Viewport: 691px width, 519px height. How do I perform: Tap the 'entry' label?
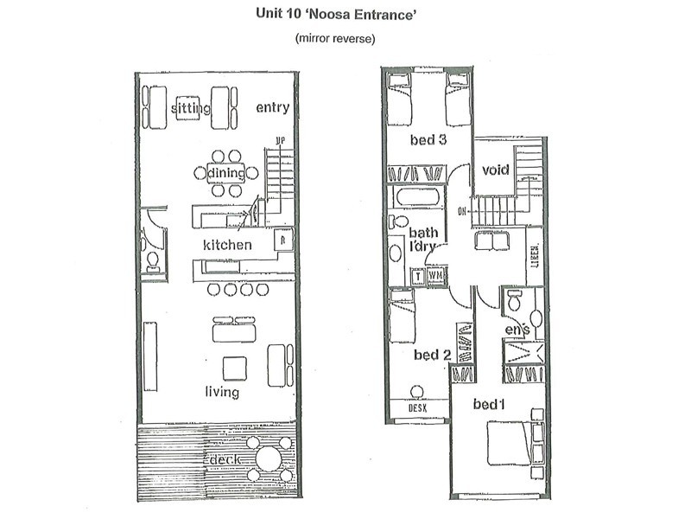coord(272,108)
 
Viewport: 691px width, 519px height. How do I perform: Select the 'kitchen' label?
coord(227,245)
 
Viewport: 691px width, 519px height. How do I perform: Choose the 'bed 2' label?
coord(433,355)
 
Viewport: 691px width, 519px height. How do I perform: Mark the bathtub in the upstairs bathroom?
coord(417,197)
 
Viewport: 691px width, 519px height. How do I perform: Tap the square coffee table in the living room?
coord(234,368)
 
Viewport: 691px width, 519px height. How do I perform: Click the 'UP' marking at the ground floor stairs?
coord(280,140)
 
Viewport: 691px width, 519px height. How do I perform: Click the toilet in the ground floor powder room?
coord(153,259)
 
